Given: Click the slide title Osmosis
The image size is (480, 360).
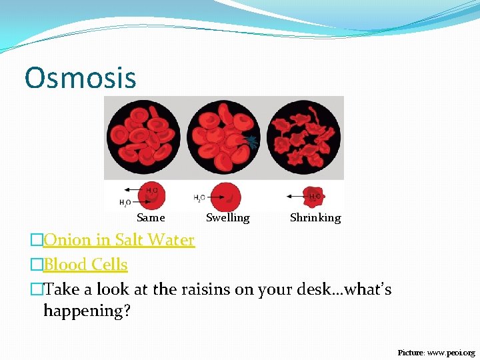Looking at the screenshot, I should (80, 77).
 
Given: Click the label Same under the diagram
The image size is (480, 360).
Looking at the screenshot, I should (151, 217).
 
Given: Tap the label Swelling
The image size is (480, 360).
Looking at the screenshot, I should (227, 217).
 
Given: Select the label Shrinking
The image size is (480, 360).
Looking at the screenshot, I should (315, 217).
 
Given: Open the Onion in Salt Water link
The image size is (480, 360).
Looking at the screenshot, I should (119, 240).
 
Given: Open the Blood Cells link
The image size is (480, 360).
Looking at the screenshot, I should (85, 265).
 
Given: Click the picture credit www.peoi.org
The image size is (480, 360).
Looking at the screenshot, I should (451, 352).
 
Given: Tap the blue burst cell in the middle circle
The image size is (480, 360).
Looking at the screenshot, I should (251, 141).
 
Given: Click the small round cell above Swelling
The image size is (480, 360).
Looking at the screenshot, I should (226, 197).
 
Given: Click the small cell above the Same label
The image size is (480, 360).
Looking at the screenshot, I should (153, 195).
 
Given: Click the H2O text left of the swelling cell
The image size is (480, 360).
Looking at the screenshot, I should (199, 198).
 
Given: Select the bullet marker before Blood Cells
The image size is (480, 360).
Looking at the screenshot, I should (37, 265).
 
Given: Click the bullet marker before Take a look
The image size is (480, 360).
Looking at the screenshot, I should (37, 289).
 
